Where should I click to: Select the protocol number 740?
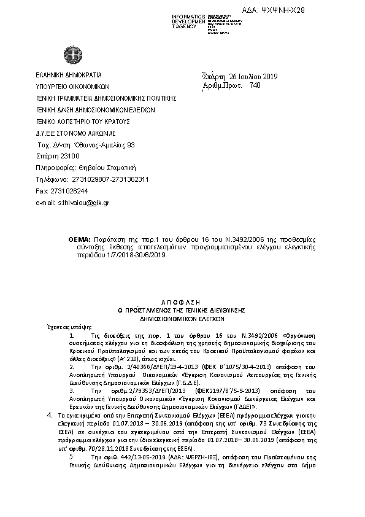255,86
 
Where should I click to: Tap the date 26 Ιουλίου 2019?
253,77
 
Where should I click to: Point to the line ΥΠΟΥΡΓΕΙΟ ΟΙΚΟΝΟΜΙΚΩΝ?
72,87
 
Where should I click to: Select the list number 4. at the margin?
50,415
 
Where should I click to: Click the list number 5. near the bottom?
72,457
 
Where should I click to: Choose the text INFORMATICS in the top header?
189,16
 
